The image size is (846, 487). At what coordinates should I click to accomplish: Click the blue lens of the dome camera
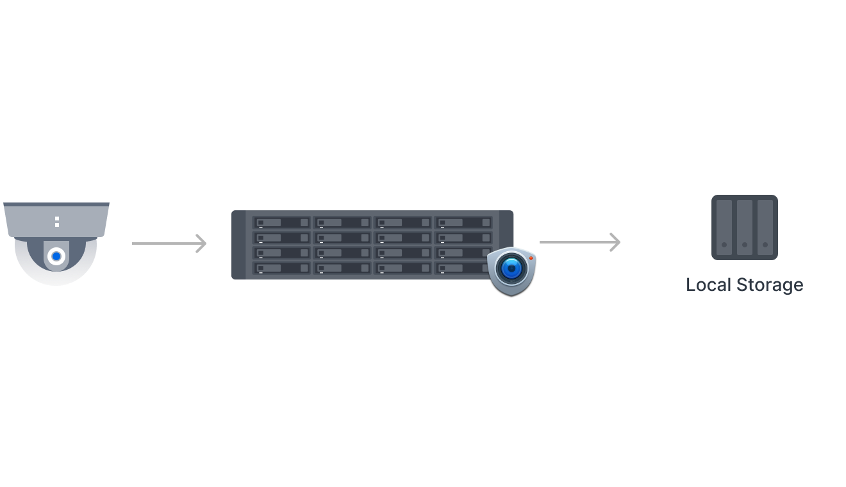(x=56, y=256)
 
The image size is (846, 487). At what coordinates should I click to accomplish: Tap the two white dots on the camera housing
(x=57, y=222)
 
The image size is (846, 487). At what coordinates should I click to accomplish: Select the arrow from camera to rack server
(x=169, y=244)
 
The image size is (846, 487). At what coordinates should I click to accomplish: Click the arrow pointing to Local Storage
(x=579, y=242)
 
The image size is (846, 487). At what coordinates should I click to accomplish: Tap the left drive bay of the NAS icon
(x=724, y=227)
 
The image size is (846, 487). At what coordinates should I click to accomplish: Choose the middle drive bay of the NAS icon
(x=745, y=227)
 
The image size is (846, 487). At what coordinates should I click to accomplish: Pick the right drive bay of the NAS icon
(x=765, y=227)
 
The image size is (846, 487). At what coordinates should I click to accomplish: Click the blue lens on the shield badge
(x=511, y=268)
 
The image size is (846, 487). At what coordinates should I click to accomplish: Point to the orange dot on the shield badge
(x=531, y=258)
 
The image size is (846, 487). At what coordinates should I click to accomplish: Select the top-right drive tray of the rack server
(x=464, y=223)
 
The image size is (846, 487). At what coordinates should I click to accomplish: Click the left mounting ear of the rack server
(x=238, y=245)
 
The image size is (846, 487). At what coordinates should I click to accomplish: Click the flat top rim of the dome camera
(x=56, y=205)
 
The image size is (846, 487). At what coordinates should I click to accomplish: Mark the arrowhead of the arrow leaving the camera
(x=203, y=244)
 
